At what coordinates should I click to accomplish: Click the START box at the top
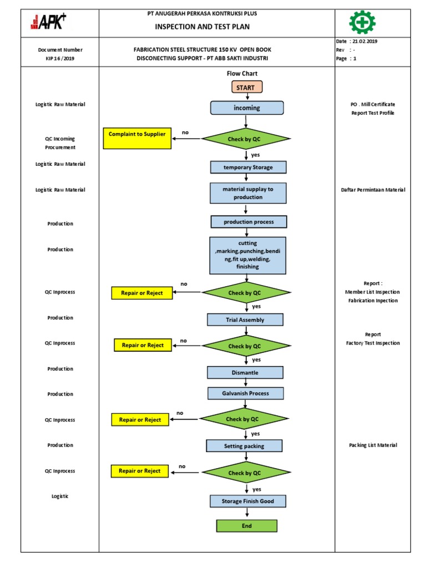[x=247, y=87]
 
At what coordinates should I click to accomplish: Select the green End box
[x=246, y=526]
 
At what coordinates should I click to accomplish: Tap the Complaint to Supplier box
[x=137, y=139]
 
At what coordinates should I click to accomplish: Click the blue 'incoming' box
[x=247, y=108]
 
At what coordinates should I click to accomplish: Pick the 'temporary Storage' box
[x=248, y=167]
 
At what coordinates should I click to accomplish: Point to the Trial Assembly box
[x=245, y=319]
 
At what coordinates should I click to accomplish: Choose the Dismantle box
[x=245, y=372]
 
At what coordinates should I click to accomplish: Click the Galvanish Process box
[x=246, y=393]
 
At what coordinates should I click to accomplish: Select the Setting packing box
[x=244, y=445]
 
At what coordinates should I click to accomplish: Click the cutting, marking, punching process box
[x=248, y=255]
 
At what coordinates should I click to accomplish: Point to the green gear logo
[x=362, y=22]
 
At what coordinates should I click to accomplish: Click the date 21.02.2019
[x=364, y=42]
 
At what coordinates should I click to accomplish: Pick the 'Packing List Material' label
[x=373, y=445]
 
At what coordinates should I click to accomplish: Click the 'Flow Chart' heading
[x=242, y=73]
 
